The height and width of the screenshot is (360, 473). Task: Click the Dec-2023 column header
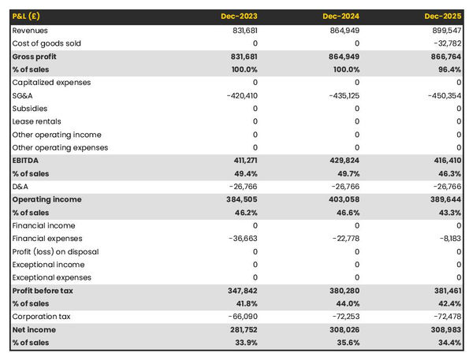click(240, 16)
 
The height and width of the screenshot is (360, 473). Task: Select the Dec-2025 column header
click(443, 16)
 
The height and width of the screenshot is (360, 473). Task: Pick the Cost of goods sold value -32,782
click(446, 43)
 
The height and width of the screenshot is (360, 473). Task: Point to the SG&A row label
click(23, 95)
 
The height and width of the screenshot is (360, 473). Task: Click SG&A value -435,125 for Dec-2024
click(341, 95)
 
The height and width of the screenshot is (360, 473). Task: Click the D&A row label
click(20, 186)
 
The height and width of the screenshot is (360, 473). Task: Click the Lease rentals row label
click(35, 121)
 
